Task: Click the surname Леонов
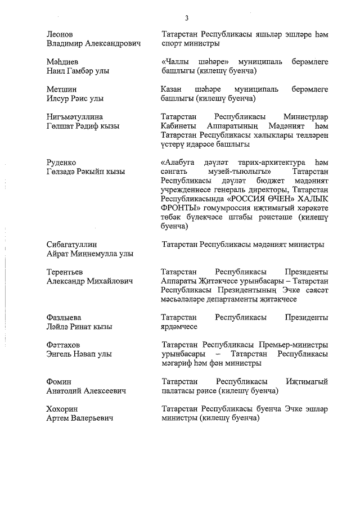pyautogui.click(x=60, y=34)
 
